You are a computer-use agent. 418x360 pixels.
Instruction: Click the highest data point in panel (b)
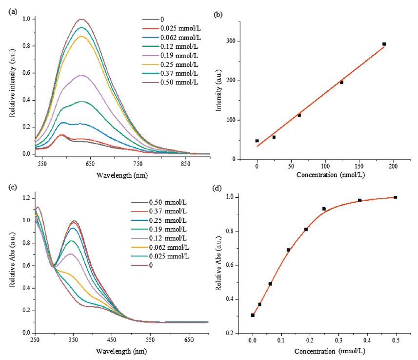[384, 44]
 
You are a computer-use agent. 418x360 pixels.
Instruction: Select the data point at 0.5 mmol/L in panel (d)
[395, 197]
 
